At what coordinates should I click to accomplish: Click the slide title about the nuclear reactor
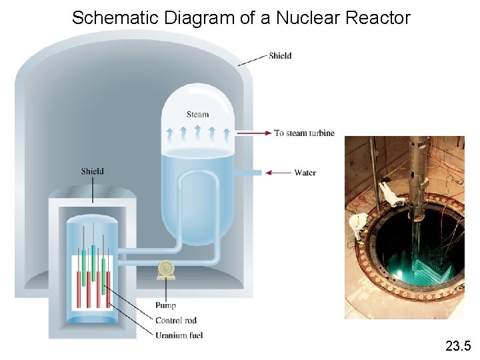pos(241,18)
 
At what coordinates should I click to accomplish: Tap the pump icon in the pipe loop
pos(165,270)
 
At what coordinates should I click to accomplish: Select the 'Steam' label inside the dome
pos(197,115)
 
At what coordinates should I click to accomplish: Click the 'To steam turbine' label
pos(304,133)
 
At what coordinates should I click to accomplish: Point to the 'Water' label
pos(305,173)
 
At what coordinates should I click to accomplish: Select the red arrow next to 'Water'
pos(278,173)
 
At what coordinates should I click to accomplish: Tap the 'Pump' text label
pos(166,306)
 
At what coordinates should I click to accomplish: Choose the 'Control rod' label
pos(176,321)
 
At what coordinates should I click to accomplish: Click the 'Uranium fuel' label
pos(179,335)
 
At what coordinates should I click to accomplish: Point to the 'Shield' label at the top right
pos(280,55)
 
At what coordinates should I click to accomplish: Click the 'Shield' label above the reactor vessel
pos(93,171)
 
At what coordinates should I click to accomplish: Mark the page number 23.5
pos(458,345)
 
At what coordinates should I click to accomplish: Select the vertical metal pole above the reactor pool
pos(419,173)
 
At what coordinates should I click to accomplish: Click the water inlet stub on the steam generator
pos(249,173)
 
